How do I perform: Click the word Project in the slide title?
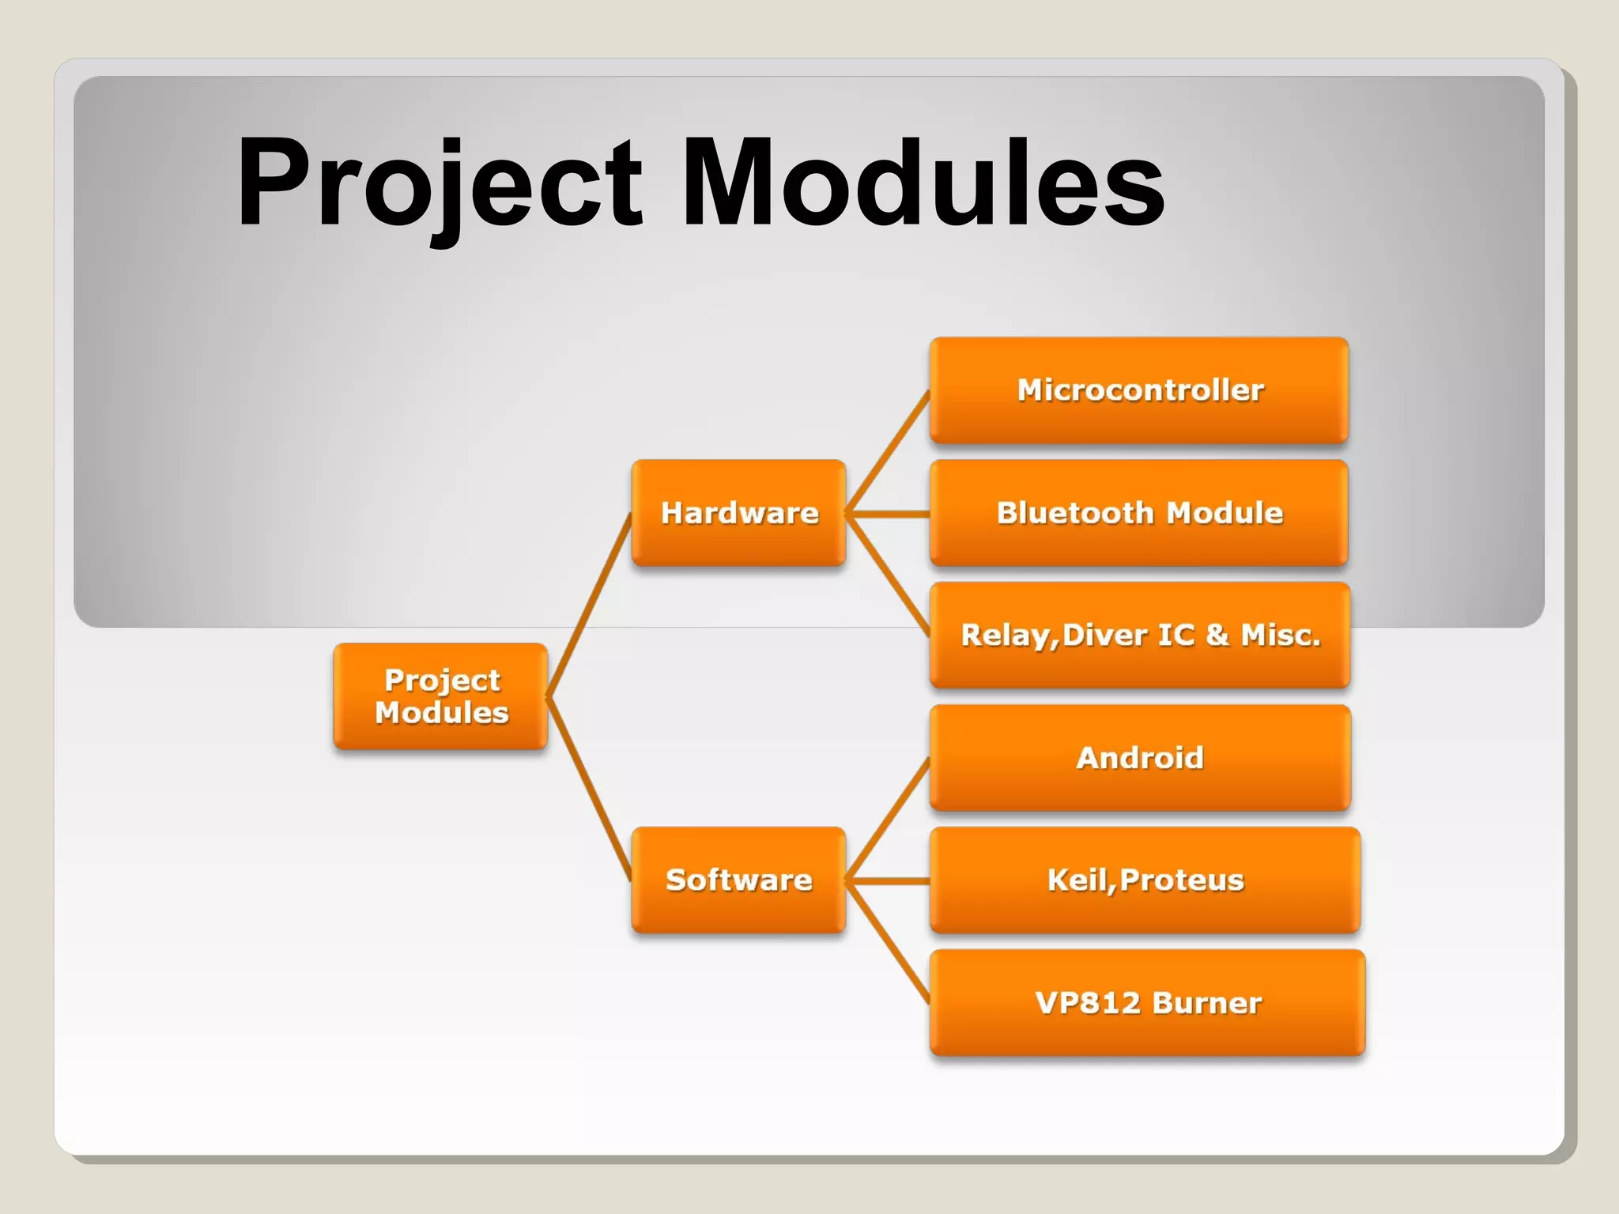click(439, 183)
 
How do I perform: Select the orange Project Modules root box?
click(440, 696)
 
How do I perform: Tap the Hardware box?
click(738, 513)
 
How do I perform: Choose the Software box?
click(738, 880)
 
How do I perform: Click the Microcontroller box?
click(1139, 390)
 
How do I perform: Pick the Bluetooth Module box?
click(1139, 513)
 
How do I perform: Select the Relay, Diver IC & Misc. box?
click(1139, 635)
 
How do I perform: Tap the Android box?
click(1139, 758)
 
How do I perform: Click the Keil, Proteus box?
click(1145, 880)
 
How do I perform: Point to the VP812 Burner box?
click(1147, 1003)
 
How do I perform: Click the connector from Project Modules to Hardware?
click(589, 605)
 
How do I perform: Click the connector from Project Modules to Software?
click(589, 789)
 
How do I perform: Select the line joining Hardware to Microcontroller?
click(888, 452)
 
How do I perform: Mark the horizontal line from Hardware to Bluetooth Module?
click(889, 514)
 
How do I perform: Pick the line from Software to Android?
click(888, 820)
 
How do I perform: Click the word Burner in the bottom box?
click(1206, 1003)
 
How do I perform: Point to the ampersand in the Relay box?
click(1217, 635)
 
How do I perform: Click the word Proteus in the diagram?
click(1182, 880)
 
